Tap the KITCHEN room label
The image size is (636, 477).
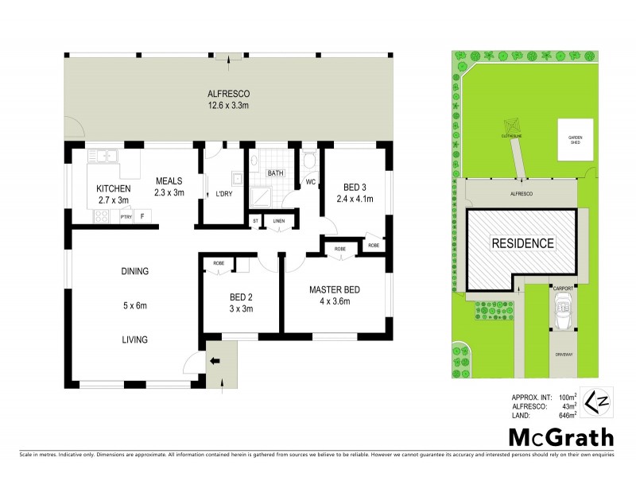113,188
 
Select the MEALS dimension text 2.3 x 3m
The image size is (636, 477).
169,192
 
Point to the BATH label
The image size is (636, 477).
275,173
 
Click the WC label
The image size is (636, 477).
310,182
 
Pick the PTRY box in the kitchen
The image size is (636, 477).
126,215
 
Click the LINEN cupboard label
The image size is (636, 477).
278,220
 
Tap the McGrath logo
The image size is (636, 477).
560,436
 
